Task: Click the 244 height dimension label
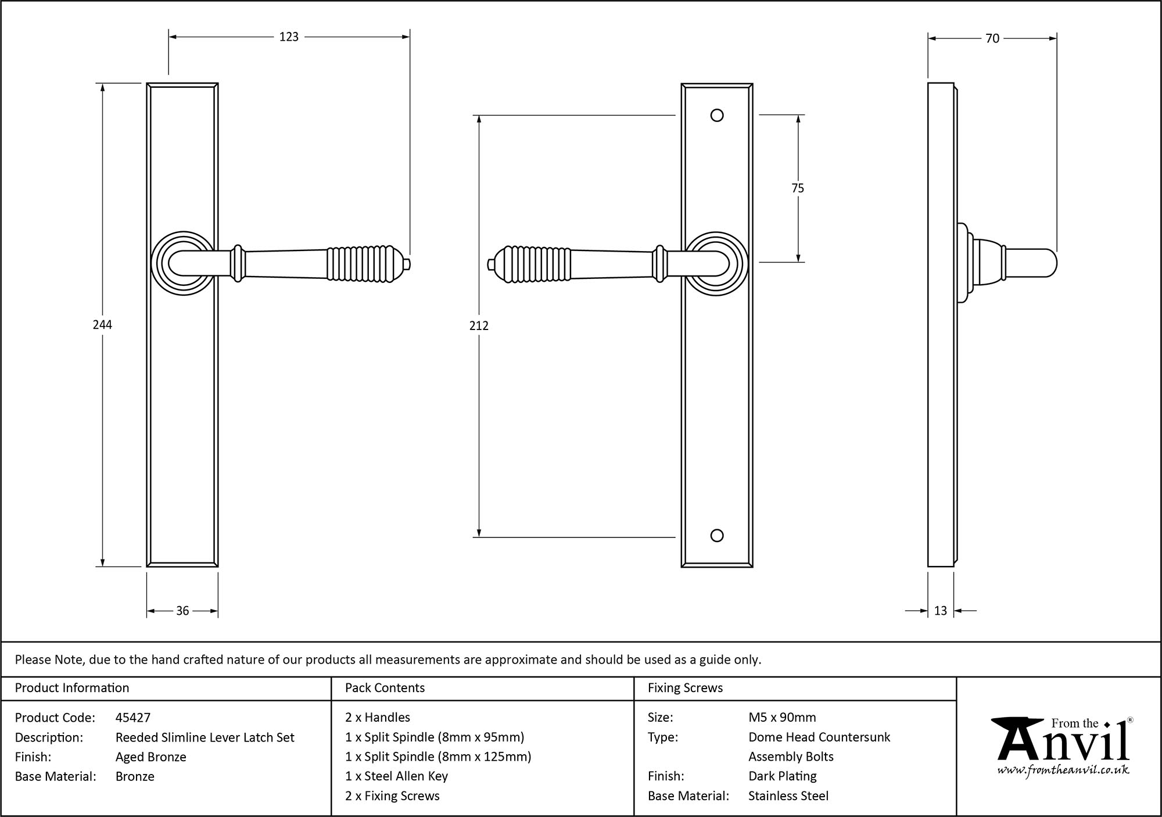tap(102, 325)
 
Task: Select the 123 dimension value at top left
tap(289, 37)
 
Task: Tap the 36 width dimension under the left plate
tap(182, 611)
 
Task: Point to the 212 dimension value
tap(479, 326)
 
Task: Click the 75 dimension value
tap(798, 188)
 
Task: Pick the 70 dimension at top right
tap(992, 38)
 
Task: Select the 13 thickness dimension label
tap(941, 611)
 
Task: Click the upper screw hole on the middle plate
tap(717, 115)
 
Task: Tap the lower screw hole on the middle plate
tap(717, 536)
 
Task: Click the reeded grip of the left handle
tap(360, 264)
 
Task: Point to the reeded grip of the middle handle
tap(535, 264)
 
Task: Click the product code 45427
tap(133, 718)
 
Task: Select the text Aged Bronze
tap(151, 757)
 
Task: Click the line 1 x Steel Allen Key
tap(396, 776)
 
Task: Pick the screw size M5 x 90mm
tap(782, 718)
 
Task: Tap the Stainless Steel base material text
tap(788, 796)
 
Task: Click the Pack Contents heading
tap(385, 688)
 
